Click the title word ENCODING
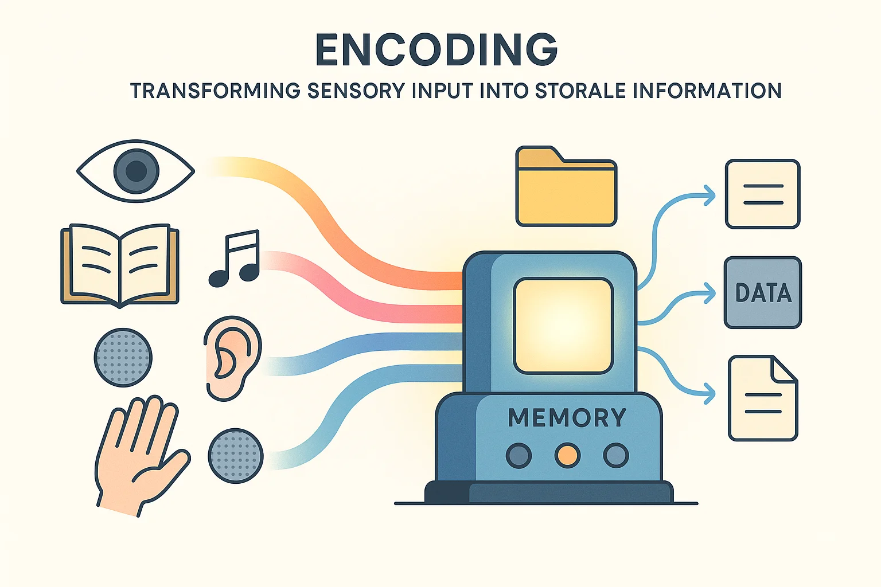[x=436, y=50]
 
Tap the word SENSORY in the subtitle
[x=356, y=91]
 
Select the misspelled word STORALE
[x=580, y=91]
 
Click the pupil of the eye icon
[x=136, y=171]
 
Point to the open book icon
[x=119, y=266]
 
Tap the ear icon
[x=232, y=359]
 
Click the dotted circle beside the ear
[x=123, y=357]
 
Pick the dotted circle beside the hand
[x=236, y=456]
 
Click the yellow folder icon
[x=566, y=186]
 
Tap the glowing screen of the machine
[x=563, y=326]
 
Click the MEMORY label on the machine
[x=567, y=417]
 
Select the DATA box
[x=763, y=292]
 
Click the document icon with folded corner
[x=763, y=398]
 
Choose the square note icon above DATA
[x=763, y=194]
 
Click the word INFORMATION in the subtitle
[x=708, y=91]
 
